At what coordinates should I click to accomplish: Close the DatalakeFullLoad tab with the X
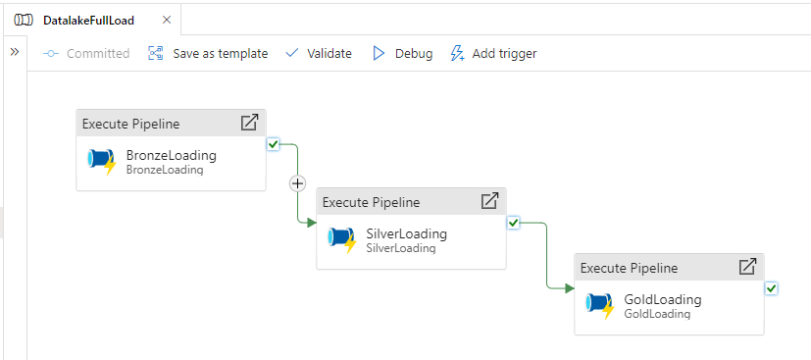(167, 21)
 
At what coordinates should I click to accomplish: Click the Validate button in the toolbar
(319, 53)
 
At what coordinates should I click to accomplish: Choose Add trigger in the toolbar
(494, 53)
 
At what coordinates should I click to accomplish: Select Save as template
(208, 53)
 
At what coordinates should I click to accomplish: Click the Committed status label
(86, 53)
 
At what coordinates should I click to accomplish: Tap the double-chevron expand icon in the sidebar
(15, 52)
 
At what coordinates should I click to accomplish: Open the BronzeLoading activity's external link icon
(249, 123)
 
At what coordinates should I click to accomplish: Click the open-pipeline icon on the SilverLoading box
(489, 201)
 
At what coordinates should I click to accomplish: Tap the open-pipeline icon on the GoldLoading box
(747, 267)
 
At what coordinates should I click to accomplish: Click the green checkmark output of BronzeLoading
(273, 144)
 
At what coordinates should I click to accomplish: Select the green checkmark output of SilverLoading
(513, 223)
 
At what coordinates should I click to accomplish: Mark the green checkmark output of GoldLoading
(771, 288)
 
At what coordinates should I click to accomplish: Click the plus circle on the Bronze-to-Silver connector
(297, 183)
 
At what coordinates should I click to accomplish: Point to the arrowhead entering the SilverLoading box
(312, 223)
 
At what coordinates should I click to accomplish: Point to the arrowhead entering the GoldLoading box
(570, 288)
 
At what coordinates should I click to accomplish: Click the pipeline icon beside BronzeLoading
(102, 162)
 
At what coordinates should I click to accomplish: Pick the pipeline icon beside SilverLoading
(342, 240)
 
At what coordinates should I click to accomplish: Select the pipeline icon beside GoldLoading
(600, 306)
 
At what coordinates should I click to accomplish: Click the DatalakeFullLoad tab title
(89, 21)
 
